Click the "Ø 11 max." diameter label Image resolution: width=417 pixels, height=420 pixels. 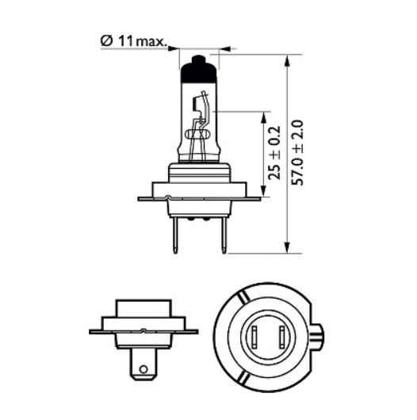(x=133, y=41)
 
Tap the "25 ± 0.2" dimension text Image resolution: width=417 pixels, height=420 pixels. (x=274, y=153)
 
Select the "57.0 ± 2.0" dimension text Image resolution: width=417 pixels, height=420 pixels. (x=297, y=153)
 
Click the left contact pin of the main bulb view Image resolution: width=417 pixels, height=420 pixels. (x=174, y=235)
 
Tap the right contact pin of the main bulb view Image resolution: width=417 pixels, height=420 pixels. (x=224, y=235)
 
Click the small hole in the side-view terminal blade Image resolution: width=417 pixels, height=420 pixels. (x=143, y=369)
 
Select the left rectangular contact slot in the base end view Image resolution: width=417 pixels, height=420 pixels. (x=254, y=338)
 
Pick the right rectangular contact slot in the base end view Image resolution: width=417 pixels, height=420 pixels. (x=281, y=338)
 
